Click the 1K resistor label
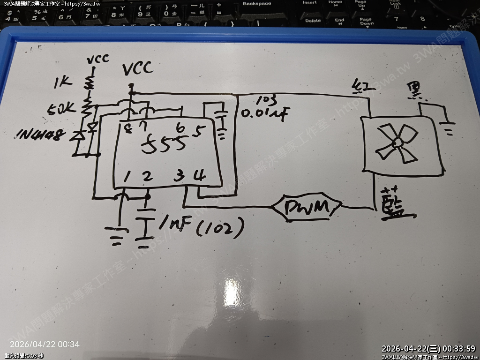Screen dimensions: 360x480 62,83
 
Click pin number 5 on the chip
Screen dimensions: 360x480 199,132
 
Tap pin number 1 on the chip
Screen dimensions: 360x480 127,177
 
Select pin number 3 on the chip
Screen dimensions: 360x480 179,176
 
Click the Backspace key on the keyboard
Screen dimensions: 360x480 256,4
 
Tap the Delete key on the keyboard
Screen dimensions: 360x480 313,21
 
